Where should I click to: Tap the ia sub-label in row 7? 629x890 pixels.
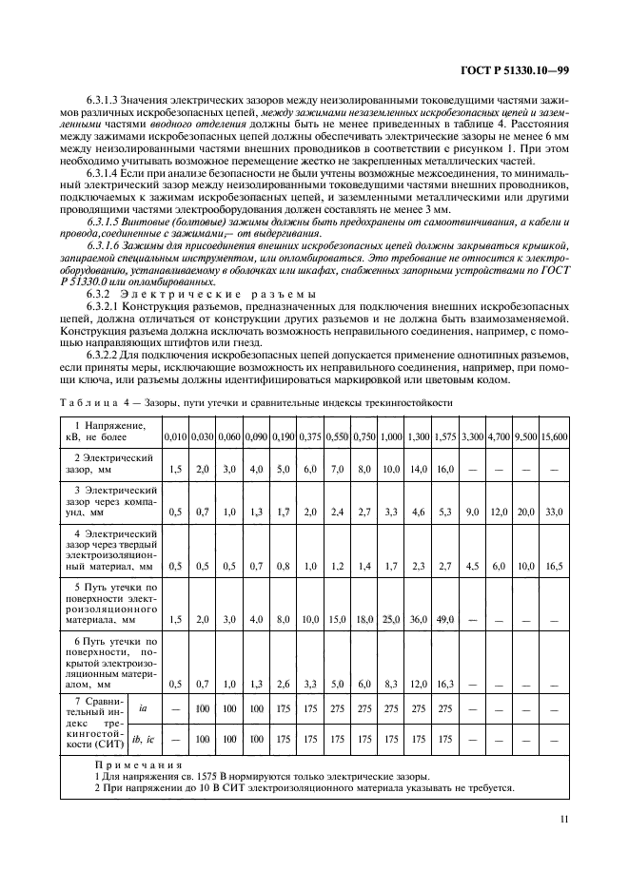point(143,708)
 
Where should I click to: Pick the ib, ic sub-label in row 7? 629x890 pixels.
point(143,737)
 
